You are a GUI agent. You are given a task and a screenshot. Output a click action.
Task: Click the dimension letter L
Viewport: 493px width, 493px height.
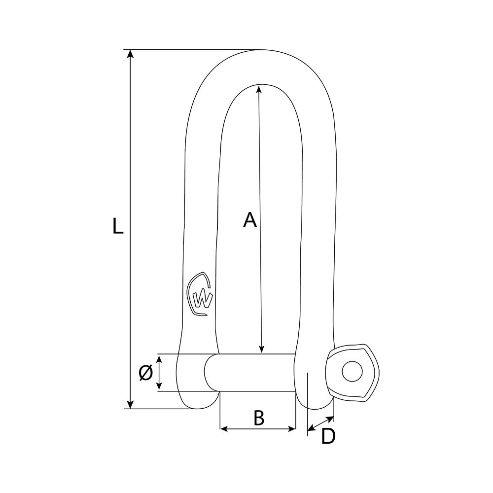[x=117, y=225]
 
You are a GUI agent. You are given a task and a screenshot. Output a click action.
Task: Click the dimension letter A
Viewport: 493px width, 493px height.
[x=250, y=220]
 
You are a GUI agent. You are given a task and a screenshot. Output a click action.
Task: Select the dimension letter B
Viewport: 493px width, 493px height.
[x=259, y=418]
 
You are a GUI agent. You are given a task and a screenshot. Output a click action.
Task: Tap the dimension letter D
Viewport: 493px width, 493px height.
[x=328, y=437]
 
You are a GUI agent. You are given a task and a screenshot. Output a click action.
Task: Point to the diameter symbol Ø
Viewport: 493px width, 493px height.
[x=145, y=373]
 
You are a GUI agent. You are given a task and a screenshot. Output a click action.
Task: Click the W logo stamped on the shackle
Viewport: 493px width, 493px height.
[x=201, y=296]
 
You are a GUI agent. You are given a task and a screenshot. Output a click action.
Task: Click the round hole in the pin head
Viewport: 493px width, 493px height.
[x=352, y=371]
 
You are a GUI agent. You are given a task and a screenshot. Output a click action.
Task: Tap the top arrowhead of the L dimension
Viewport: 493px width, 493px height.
[x=130, y=54]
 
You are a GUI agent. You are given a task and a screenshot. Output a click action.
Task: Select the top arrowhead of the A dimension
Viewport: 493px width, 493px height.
[x=258, y=89]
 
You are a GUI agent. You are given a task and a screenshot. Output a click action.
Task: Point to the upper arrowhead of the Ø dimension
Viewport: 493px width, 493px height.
[x=159, y=358]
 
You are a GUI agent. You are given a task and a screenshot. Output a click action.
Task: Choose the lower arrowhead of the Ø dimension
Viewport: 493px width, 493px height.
[x=159, y=387]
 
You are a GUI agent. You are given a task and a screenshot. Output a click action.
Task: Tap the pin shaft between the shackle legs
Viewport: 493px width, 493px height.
[x=256, y=373]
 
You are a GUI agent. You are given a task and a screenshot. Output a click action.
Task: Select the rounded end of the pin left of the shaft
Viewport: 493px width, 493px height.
[x=210, y=373]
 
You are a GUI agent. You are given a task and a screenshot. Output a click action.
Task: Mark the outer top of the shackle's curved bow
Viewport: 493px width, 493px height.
[x=261, y=50]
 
